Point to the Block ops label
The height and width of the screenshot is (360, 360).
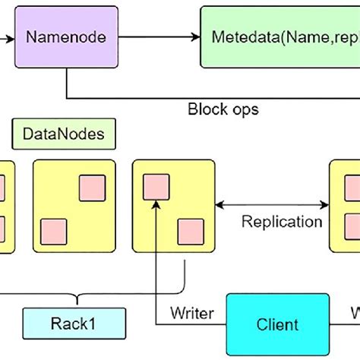223,109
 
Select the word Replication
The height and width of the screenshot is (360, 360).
281,222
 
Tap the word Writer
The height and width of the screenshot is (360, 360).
191,312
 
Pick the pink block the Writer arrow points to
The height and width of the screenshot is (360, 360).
156,187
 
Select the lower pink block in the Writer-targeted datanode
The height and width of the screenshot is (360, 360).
189,231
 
